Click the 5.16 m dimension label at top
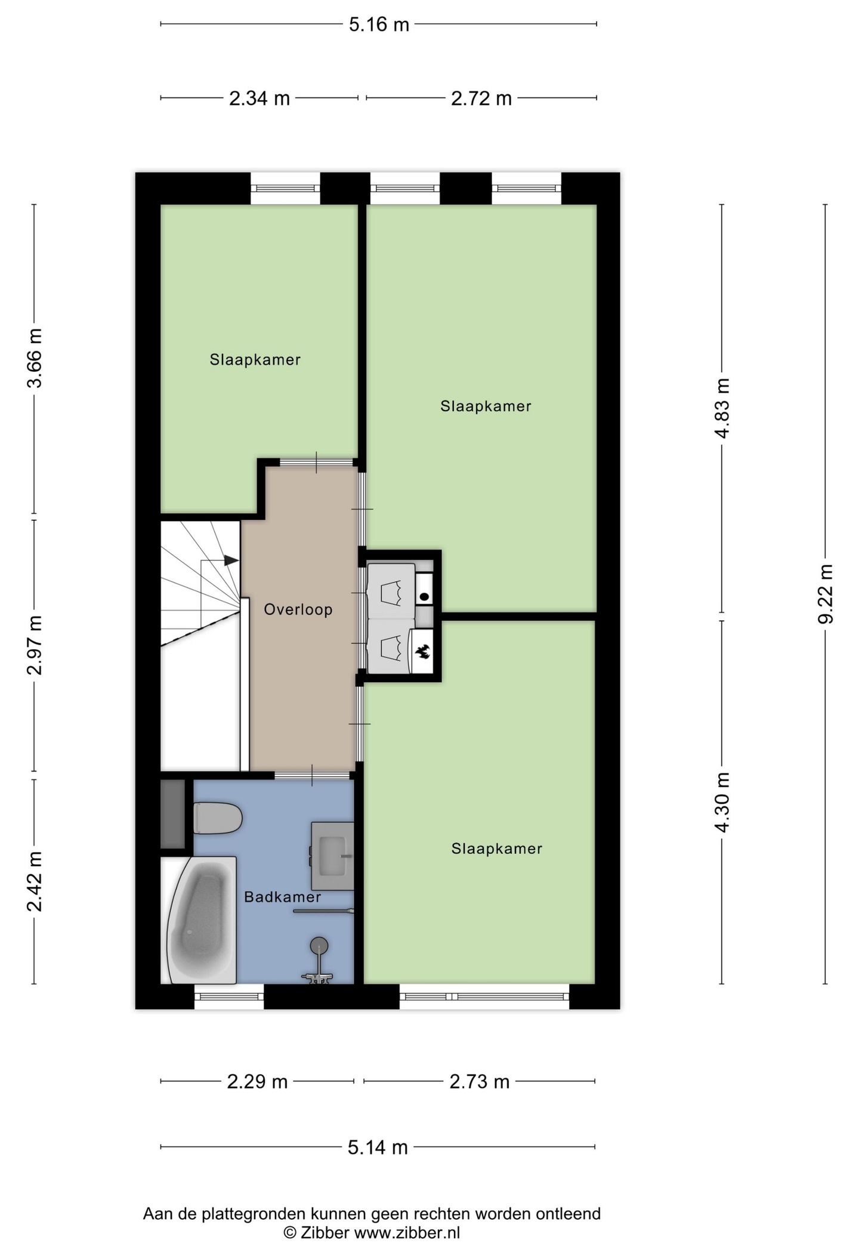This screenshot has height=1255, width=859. pyautogui.click(x=379, y=24)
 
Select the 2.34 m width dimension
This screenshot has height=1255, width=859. pyautogui.click(x=259, y=98)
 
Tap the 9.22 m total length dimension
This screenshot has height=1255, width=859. pyautogui.click(x=825, y=593)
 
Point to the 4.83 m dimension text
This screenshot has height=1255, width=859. pyautogui.click(x=722, y=408)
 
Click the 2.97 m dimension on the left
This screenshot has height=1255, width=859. pyautogui.click(x=35, y=645)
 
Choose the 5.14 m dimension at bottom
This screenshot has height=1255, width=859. pyautogui.click(x=378, y=1147)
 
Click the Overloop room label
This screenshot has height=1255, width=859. pyautogui.click(x=298, y=610)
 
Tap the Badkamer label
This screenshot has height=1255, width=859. pyautogui.click(x=282, y=897)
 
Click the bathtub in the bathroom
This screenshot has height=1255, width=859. pyautogui.click(x=200, y=921)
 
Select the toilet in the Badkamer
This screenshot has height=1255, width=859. pyautogui.click(x=217, y=818)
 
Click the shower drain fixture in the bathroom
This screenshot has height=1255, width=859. pyautogui.click(x=319, y=945)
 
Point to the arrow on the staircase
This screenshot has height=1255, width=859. pyautogui.click(x=230, y=560)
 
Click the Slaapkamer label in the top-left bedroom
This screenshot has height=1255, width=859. pyautogui.click(x=255, y=360)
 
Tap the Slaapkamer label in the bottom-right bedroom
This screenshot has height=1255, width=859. pyautogui.click(x=496, y=849)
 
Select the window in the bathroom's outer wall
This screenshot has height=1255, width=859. pyautogui.click(x=229, y=997)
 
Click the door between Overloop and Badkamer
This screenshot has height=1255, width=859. pyautogui.click(x=312, y=775)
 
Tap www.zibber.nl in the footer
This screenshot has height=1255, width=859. pyautogui.click(x=407, y=1233)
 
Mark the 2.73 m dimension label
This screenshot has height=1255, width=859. pyautogui.click(x=479, y=1081)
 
